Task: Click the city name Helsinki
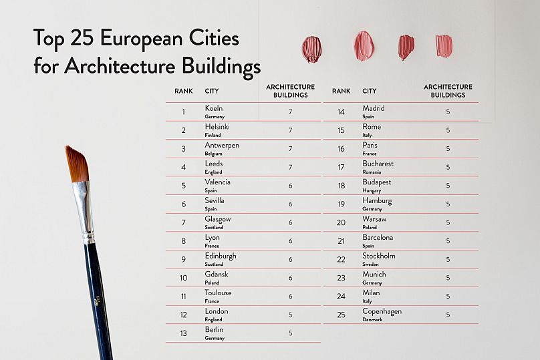coord(217,126)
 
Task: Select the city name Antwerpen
coord(222,145)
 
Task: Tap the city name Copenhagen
coord(382,311)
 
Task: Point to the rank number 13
coord(183,333)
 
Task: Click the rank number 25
coord(341,315)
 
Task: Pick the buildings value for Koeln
coord(290,112)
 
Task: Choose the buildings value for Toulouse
coord(290,296)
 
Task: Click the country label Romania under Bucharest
coord(372,172)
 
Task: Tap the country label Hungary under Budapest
coord(372,190)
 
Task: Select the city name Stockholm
coord(379,256)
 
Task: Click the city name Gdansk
coord(217,275)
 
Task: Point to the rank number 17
coord(341,167)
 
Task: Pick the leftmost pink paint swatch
coord(311,49)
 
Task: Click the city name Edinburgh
coord(221,256)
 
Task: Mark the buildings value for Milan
coord(448,296)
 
